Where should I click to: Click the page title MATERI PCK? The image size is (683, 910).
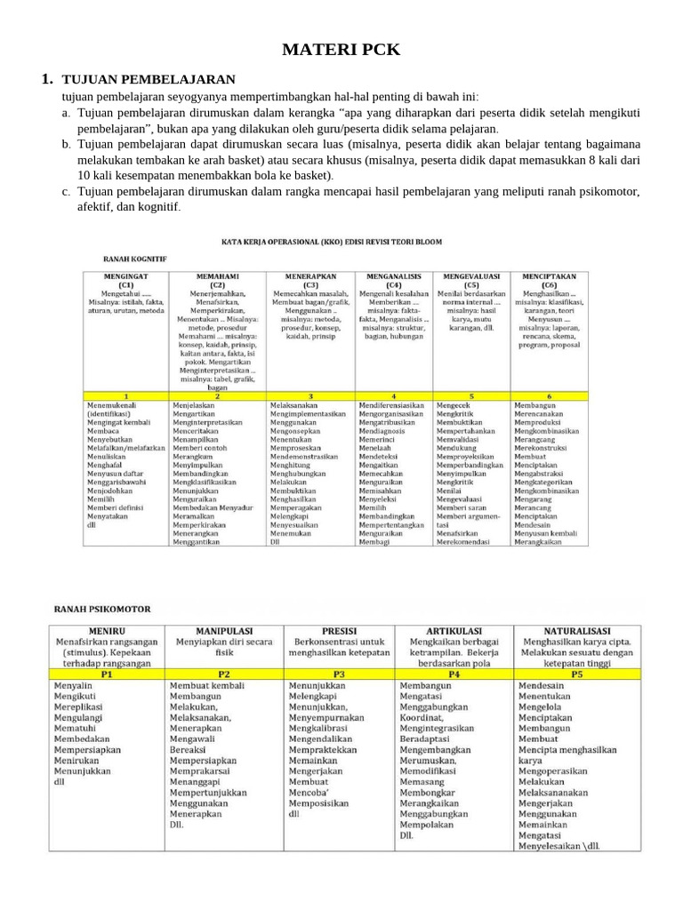click(x=341, y=50)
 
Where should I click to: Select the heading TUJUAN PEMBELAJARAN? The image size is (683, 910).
click(x=149, y=80)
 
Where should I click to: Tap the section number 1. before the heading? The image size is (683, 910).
click(x=48, y=80)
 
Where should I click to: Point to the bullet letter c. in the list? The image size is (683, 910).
click(x=67, y=191)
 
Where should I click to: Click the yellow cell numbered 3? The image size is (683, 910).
click(x=310, y=395)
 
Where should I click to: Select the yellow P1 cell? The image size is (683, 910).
click(x=106, y=674)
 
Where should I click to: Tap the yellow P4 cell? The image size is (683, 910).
click(x=454, y=674)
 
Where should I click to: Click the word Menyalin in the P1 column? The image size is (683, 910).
click(x=74, y=687)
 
